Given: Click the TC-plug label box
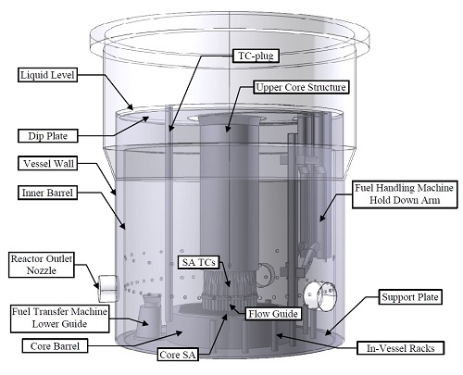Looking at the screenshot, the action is click(256, 56).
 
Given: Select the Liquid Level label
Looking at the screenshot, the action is click(47, 75).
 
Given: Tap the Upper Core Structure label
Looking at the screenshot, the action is click(301, 87).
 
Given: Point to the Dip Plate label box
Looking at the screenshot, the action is click(48, 136).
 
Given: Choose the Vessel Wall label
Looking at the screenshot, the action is click(48, 163).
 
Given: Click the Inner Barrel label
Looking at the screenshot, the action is click(47, 193).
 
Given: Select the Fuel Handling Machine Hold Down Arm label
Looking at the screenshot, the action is click(405, 194).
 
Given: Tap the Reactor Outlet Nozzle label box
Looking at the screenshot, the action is click(42, 265).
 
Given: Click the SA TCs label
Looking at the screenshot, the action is click(198, 262).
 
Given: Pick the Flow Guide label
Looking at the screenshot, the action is click(273, 314).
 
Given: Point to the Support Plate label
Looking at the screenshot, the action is click(410, 297).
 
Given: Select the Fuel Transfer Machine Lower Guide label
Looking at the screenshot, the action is click(59, 318).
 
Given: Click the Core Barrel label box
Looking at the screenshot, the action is click(55, 346).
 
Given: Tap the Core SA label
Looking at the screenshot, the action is click(178, 355).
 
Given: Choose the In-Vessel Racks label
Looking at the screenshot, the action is click(400, 348).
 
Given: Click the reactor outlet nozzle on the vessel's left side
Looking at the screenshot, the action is click(108, 288).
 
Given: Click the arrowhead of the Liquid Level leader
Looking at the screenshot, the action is click(131, 107).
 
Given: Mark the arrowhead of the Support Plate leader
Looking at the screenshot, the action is click(328, 332).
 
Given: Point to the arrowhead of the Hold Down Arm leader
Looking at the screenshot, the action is click(321, 219).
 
